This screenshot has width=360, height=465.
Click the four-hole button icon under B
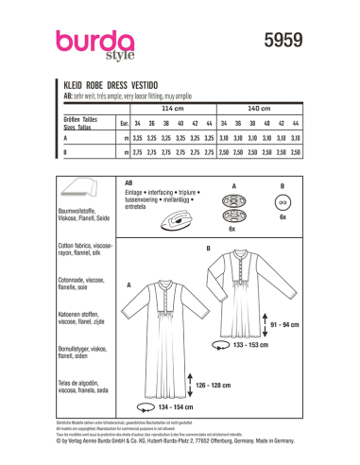(282, 203)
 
